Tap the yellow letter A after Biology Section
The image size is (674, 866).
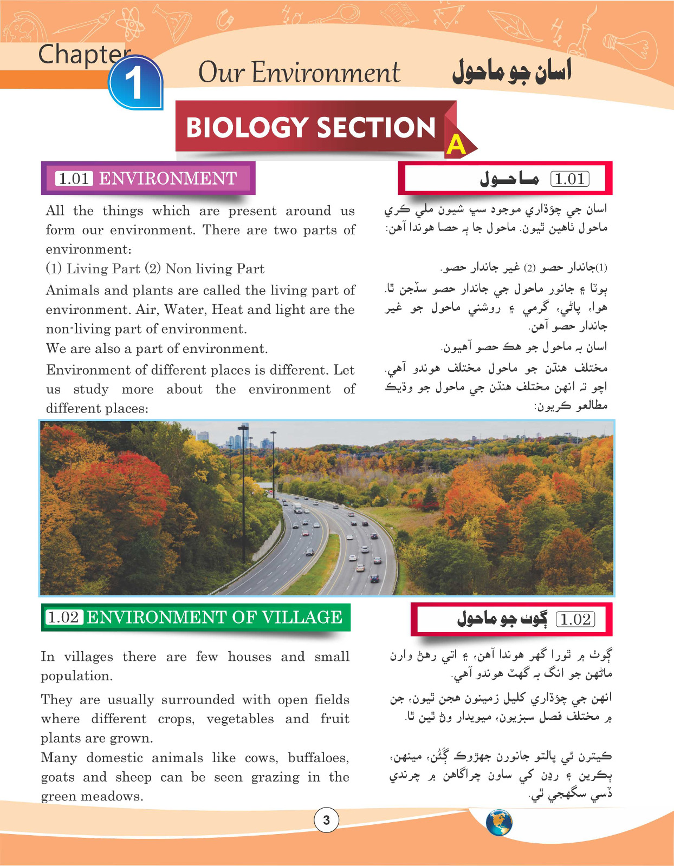(x=456, y=145)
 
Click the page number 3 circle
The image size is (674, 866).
(x=326, y=820)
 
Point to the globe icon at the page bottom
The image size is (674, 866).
(x=499, y=823)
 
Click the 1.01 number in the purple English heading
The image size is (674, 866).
(x=74, y=178)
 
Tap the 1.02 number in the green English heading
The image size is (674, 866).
(x=64, y=617)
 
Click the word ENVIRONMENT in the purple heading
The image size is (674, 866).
(x=168, y=178)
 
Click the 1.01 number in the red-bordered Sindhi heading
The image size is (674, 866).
(x=569, y=179)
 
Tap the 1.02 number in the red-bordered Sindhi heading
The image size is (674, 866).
(x=575, y=619)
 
